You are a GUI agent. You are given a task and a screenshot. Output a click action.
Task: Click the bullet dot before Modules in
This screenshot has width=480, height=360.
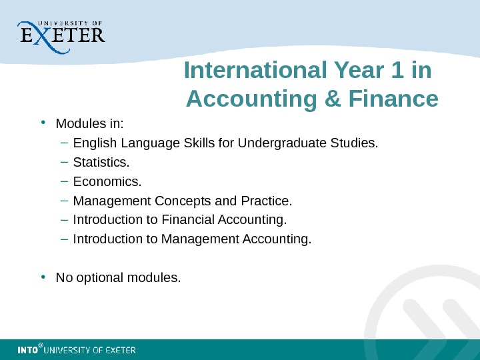click(43, 123)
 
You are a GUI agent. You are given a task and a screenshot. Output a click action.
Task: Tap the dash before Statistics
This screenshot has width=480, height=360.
click(63, 162)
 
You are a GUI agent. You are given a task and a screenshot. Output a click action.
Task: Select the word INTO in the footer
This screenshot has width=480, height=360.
click(27, 350)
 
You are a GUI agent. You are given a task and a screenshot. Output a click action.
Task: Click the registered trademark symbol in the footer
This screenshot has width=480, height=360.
click(41, 346)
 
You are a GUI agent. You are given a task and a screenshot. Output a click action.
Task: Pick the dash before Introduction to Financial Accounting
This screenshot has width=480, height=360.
click(63, 220)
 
